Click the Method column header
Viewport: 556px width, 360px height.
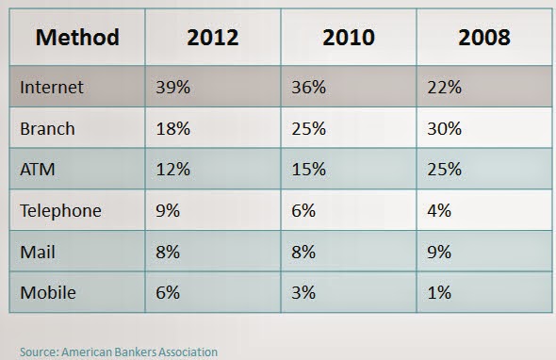click(x=77, y=38)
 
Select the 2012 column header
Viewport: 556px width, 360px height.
click(x=213, y=38)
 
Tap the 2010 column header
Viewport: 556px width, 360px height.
click(x=349, y=38)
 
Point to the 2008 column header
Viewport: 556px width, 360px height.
click(x=484, y=38)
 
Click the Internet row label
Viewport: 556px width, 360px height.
click(x=52, y=88)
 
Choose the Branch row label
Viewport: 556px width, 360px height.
click(x=47, y=128)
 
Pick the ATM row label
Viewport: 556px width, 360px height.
click(x=38, y=170)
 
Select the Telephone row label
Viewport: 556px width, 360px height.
click(x=60, y=211)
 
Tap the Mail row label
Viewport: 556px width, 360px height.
click(x=38, y=253)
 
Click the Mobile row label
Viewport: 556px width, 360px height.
click(x=48, y=293)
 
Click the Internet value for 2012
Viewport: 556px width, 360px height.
click(x=173, y=88)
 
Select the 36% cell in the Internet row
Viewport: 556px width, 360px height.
click(x=308, y=88)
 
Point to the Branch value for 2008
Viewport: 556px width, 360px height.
click(x=444, y=128)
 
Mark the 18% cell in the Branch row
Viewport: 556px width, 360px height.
click(x=173, y=128)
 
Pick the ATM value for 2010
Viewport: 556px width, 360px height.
click(x=308, y=170)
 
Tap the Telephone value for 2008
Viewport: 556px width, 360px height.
click(x=439, y=211)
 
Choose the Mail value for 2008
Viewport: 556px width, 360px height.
click(x=439, y=253)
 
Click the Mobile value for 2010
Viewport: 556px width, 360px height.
click(x=303, y=293)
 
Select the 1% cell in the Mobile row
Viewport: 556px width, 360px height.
click(x=439, y=293)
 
